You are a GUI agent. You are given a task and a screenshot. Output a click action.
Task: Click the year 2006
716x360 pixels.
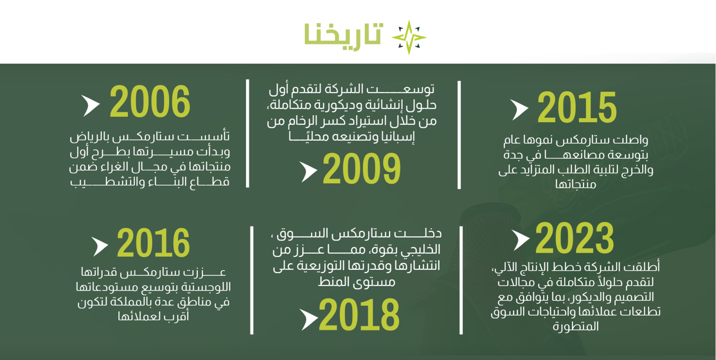click(150, 102)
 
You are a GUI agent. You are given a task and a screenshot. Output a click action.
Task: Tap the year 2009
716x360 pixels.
click(362, 168)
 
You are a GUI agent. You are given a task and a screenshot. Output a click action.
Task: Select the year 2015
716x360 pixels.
click(577, 107)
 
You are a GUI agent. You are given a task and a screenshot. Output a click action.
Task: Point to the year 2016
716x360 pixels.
click(153, 243)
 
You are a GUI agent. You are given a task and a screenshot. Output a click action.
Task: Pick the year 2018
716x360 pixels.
click(359, 315)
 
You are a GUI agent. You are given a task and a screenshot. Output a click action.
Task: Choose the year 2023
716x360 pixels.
click(575, 238)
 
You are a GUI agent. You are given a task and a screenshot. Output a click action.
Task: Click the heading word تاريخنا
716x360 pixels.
click(343, 35)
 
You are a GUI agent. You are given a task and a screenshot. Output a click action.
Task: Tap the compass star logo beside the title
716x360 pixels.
click(409, 38)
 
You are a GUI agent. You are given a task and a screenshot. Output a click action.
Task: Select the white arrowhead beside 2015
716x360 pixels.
click(519, 110)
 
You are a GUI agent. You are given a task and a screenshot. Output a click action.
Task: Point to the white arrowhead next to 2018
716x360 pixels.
click(309, 319)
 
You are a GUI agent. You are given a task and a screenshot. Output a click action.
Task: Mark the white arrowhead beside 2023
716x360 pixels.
click(520, 240)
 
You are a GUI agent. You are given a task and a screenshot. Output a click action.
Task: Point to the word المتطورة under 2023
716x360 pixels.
click(575, 326)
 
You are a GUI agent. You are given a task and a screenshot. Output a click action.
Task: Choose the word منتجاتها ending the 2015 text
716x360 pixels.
click(575, 184)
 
